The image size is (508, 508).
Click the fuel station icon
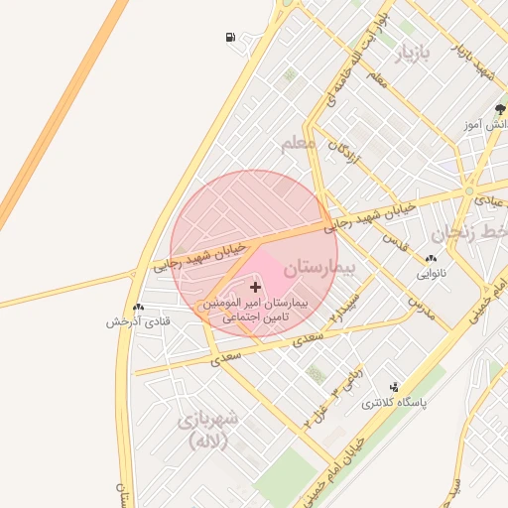[231, 38]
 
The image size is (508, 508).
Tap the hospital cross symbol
[255, 286]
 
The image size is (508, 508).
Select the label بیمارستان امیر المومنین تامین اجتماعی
[255, 310]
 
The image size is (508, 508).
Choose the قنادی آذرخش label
[139, 322]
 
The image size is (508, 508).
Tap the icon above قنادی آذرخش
[139, 308]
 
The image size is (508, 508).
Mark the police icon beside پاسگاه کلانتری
[395, 387]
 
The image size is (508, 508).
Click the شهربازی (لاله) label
[208, 430]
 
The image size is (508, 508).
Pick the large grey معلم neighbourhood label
[297, 145]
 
